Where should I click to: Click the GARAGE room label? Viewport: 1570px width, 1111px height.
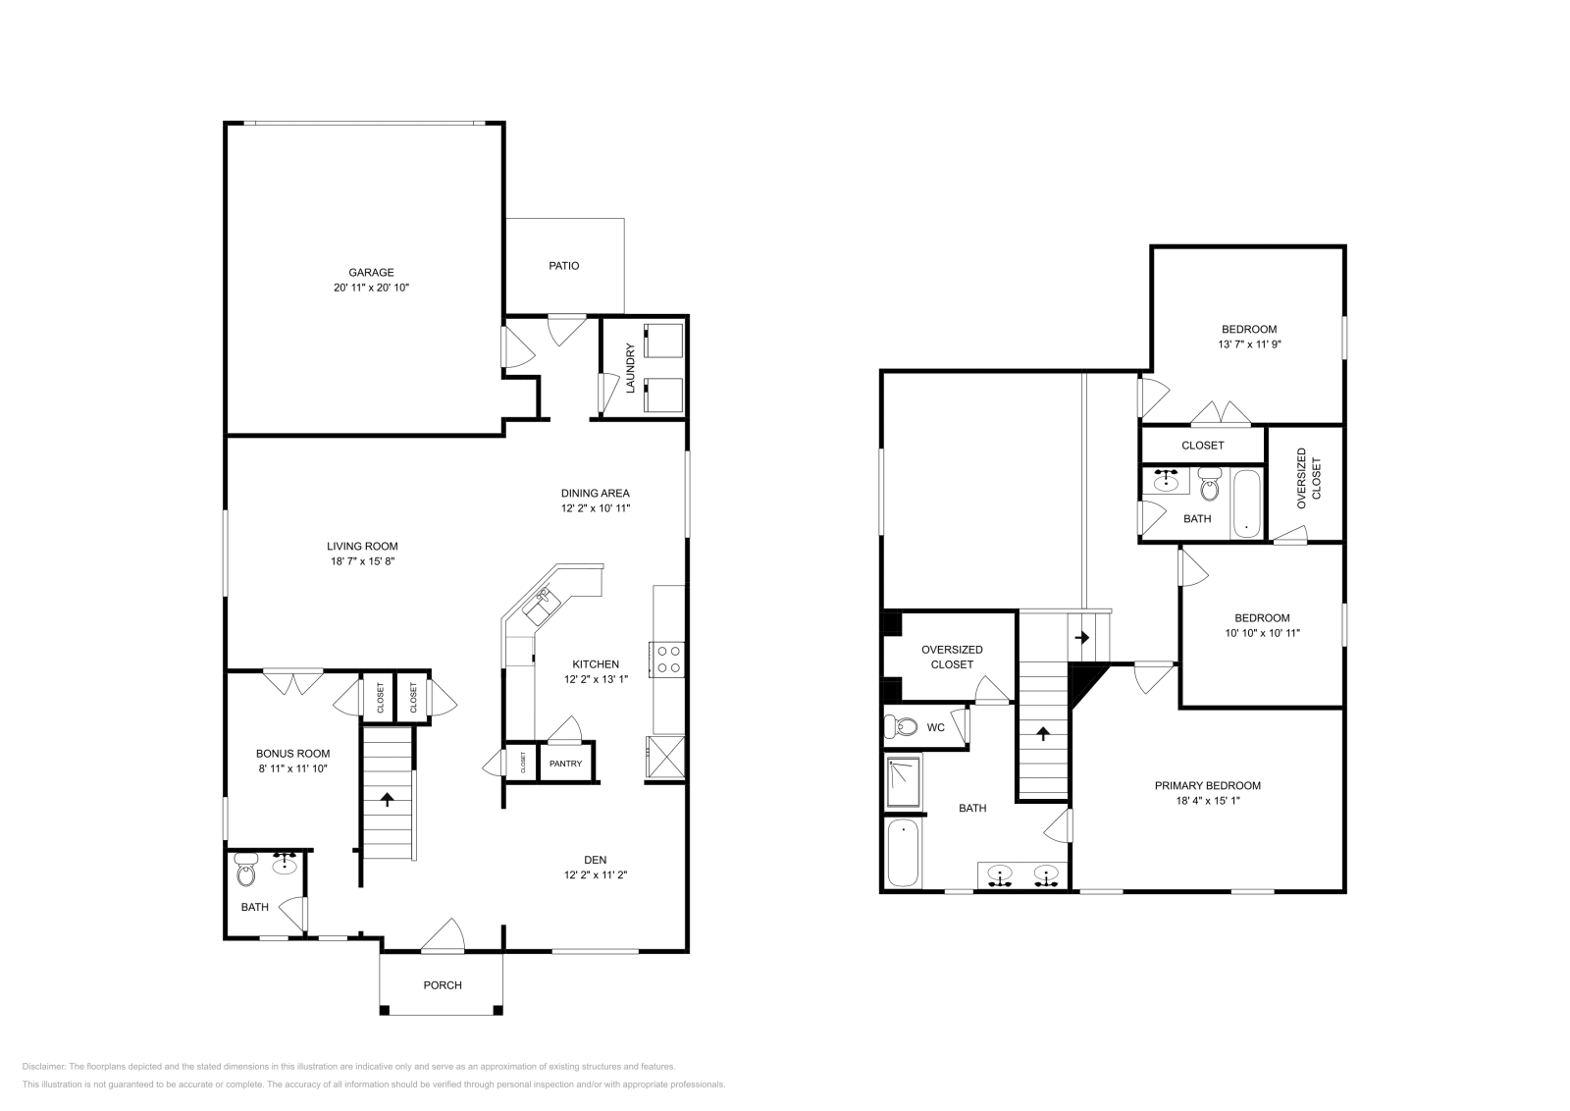pyautogui.click(x=371, y=272)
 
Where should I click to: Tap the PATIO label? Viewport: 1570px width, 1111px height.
pyautogui.click(x=563, y=265)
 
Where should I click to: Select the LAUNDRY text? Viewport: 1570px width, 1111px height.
pyautogui.click(x=631, y=368)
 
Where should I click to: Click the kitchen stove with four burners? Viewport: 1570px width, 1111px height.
pyautogui.click(x=669, y=659)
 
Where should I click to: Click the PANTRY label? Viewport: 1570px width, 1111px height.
pyautogui.click(x=565, y=764)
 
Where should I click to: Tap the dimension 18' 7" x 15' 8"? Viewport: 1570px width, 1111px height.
pyautogui.click(x=362, y=561)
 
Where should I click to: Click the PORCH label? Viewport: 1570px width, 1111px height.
pyautogui.click(x=443, y=984)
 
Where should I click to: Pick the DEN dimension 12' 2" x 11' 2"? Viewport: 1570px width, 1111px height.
pyautogui.click(x=595, y=874)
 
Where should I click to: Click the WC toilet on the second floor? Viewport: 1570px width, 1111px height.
pyautogui.click(x=900, y=727)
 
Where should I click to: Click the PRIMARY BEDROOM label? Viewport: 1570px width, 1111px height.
pyautogui.click(x=1207, y=785)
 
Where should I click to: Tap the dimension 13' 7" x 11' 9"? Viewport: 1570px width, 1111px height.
pyautogui.click(x=1250, y=344)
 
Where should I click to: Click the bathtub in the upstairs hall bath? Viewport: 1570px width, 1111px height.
pyautogui.click(x=1245, y=503)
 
